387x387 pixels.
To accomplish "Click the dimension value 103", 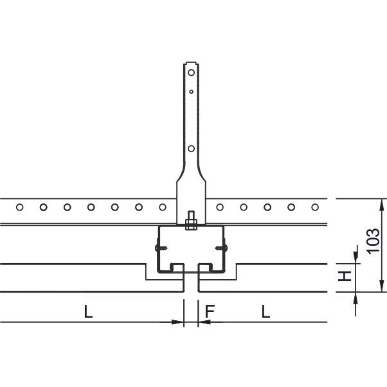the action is [373, 241].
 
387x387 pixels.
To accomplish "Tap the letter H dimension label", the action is [345, 276].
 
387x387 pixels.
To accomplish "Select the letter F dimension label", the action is [210, 311].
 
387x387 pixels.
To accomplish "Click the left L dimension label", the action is [88, 311].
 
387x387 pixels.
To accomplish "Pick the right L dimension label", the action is [266, 311].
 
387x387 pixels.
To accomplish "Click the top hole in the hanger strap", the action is [191, 73].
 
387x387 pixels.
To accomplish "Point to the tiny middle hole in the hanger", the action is [191, 92].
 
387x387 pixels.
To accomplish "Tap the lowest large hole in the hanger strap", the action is [191, 149].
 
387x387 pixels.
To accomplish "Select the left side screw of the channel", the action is [161, 248].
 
